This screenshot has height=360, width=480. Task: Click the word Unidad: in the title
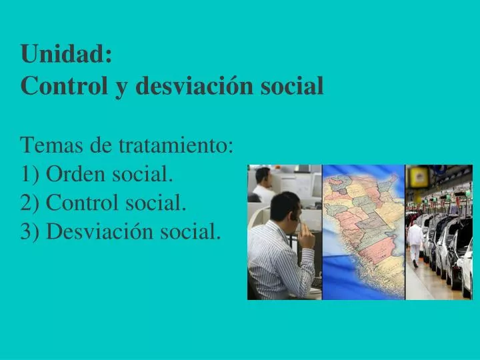[x=66, y=54]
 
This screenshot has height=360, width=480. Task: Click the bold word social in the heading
[x=296, y=85]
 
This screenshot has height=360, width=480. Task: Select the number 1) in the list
[x=30, y=174]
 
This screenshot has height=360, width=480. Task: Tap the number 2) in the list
[x=30, y=203]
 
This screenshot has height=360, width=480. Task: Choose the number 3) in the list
[x=30, y=231]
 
